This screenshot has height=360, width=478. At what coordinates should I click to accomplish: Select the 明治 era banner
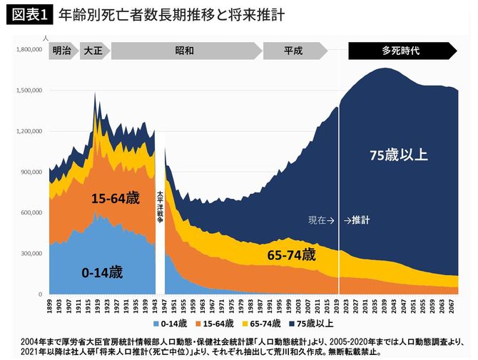click(61, 51)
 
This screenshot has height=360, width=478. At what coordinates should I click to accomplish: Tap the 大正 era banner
click(93, 51)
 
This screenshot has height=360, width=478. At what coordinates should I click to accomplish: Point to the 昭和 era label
click(184, 51)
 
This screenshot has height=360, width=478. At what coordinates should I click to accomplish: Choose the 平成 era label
click(293, 51)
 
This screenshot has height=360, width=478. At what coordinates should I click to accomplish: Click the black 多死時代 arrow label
click(400, 51)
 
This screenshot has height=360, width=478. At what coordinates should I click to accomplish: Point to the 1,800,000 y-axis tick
click(29, 50)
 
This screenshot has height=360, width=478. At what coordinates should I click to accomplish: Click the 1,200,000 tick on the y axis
click(29, 132)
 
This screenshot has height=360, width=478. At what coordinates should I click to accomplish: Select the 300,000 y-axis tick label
click(31, 254)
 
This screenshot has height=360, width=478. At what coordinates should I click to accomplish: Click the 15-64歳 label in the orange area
click(116, 199)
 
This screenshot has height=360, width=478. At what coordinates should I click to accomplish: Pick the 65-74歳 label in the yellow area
click(290, 254)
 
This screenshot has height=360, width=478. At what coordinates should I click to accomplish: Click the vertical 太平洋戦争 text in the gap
click(160, 206)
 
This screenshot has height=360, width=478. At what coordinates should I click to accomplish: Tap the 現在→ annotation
click(321, 220)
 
